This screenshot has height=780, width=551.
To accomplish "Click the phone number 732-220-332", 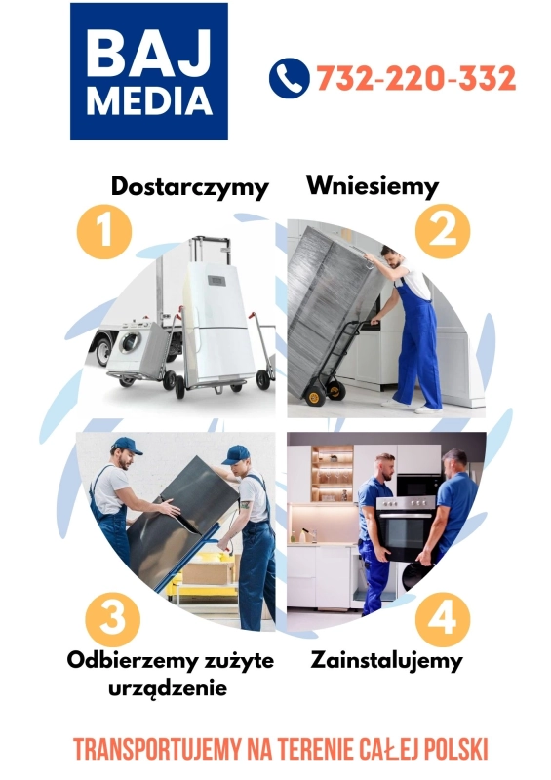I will point(415,78).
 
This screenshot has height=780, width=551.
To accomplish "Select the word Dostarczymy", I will point(189,185).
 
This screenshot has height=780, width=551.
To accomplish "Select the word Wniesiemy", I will point(373,184).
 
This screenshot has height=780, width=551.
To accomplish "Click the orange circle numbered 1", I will point(103,232).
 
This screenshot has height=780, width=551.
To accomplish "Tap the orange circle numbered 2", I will point(443,231).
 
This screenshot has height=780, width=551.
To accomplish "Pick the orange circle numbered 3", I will point(113,617).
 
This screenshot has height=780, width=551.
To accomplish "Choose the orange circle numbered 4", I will point(443,617).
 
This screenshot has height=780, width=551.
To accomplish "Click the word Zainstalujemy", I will point(387,660).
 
